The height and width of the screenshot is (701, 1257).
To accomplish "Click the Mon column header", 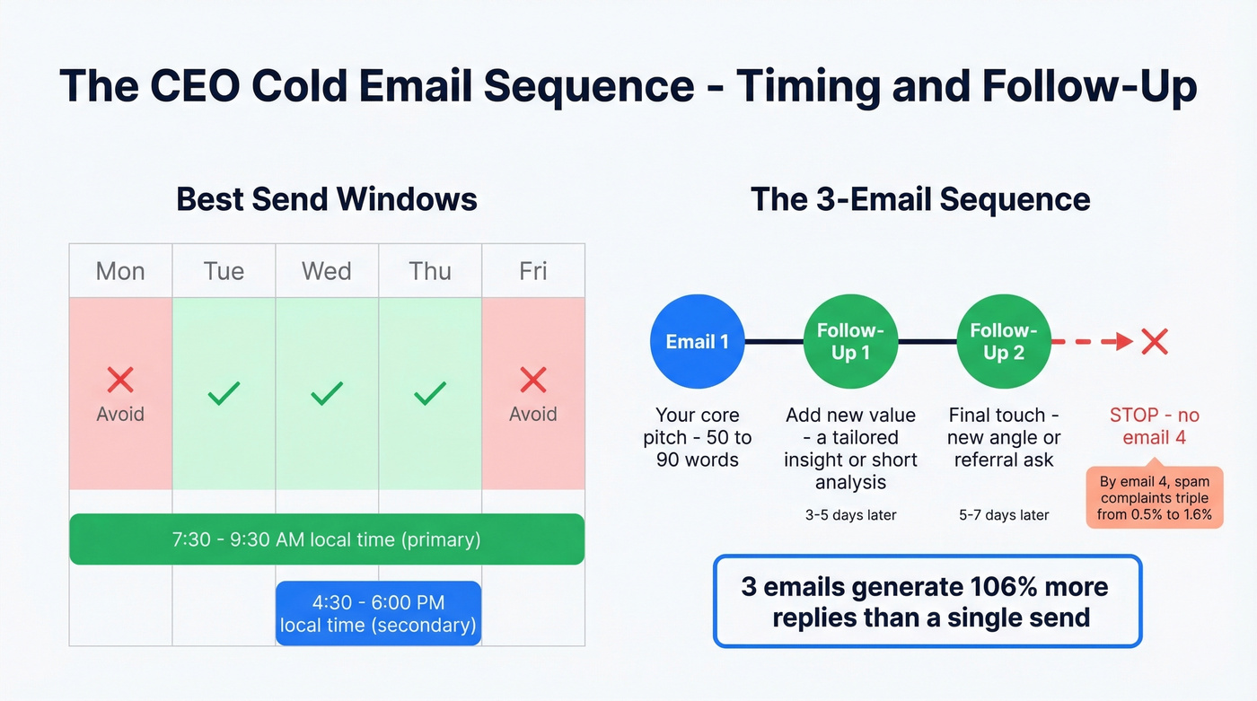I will [120, 271].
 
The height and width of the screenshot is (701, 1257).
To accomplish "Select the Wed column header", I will [327, 271].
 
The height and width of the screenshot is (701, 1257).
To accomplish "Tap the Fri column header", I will [533, 271].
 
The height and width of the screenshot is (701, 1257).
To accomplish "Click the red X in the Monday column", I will [120, 380].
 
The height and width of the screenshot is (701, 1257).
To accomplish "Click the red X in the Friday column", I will [533, 380].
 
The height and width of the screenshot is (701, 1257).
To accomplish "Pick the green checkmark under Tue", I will [224, 393].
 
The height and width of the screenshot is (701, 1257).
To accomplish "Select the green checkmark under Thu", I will [430, 393].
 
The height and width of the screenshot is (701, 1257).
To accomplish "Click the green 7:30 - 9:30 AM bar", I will [327, 539].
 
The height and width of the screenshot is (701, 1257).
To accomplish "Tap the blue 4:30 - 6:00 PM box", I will [378, 613].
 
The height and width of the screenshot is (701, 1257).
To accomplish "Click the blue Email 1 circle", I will [697, 342].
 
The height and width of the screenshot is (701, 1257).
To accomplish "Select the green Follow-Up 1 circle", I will [850, 342].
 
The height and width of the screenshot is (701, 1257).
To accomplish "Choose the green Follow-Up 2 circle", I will [1004, 342].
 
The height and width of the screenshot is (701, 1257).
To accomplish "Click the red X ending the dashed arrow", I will [1154, 341].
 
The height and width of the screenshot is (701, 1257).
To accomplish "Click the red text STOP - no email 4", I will [1154, 426].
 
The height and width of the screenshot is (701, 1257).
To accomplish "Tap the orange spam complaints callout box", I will [1155, 497].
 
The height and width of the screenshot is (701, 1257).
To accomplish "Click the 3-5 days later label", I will [850, 515].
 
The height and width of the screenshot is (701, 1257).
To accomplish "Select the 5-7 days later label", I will [1004, 515].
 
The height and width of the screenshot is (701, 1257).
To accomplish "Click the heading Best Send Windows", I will [327, 198].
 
